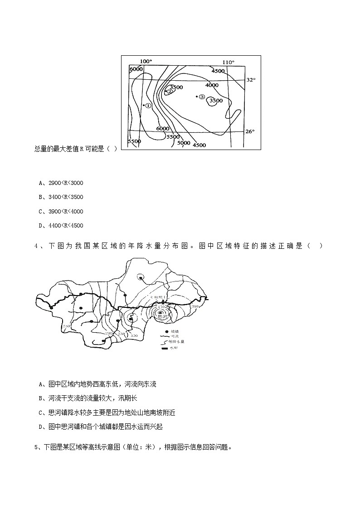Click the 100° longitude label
[146, 61]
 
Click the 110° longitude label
[229, 62]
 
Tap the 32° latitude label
[251, 79]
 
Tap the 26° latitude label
[250, 131]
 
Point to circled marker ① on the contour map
[148, 105]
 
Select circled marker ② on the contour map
[170, 92]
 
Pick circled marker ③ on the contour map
[202, 97]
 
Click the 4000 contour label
[212, 85]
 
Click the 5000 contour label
[184, 142]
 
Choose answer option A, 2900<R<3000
[61, 183]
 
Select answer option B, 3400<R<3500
[61, 197]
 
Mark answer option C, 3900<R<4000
[61, 211]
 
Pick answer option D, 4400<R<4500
[61, 226]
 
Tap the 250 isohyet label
[66, 327]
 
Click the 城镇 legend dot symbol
[161, 331]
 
